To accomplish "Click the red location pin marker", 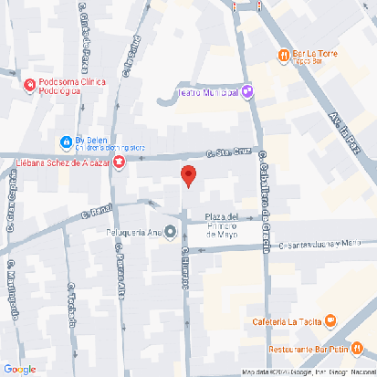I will point(188,177).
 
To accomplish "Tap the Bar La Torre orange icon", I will point(284,55).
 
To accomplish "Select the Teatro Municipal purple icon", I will point(246,92).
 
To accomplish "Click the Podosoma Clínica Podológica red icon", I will point(28,85).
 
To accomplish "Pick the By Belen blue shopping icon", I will point(65,141).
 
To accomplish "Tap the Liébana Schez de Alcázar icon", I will point(120,162).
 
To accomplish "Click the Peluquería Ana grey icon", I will point(170,231).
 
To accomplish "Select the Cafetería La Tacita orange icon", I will point(331,321).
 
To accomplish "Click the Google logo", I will point(19,369).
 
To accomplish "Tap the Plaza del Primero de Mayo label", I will point(223,225).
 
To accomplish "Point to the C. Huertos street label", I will point(184,269).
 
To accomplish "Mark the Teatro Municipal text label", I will point(206,92).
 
